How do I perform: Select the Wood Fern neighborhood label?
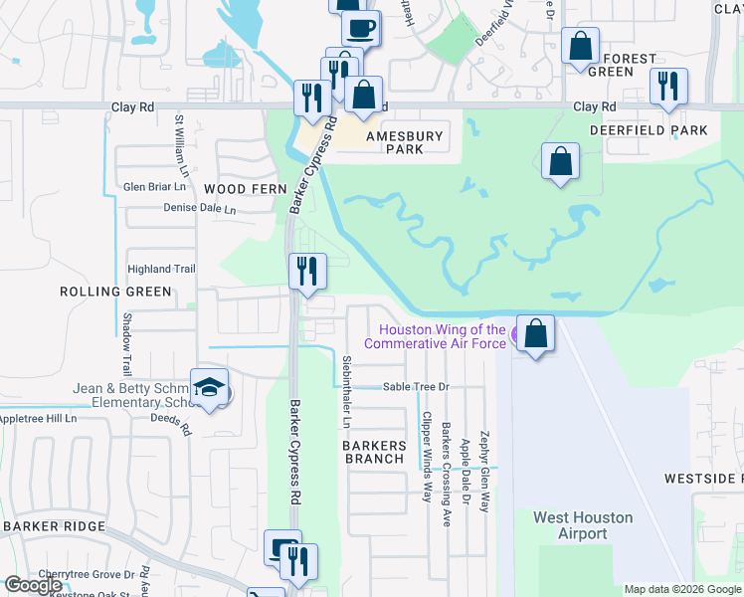click(245, 189)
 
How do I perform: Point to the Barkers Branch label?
click(375, 452)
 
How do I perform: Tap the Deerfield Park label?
click(649, 130)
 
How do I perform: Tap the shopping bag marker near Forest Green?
click(580, 46)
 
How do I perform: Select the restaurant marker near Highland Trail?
click(307, 271)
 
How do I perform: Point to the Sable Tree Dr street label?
click(417, 386)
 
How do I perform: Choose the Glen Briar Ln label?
click(154, 186)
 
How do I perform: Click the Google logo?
click(32, 584)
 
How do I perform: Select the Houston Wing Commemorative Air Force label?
click(436, 336)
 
